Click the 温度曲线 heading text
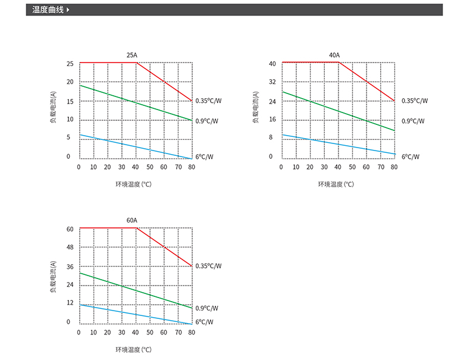[x=48, y=10]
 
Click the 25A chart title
[x=131, y=55]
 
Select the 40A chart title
[x=334, y=55]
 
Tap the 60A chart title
[x=131, y=221]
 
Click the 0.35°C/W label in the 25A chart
[x=208, y=101]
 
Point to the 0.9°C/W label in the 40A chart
[x=413, y=121]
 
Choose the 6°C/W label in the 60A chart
[x=203, y=322]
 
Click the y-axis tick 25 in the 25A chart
[x=70, y=64]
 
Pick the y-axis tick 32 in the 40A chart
[x=272, y=82]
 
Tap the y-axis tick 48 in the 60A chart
[x=70, y=247]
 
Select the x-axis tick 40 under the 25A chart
[x=136, y=167]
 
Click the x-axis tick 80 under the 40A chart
[x=394, y=167]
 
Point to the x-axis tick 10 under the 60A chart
[x=93, y=333]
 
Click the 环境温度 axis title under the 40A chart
[x=336, y=184]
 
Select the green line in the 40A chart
[x=338, y=111]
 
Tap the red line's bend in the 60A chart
[x=137, y=228]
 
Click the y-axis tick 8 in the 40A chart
[x=271, y=137]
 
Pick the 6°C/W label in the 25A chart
[x=203, y=156]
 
